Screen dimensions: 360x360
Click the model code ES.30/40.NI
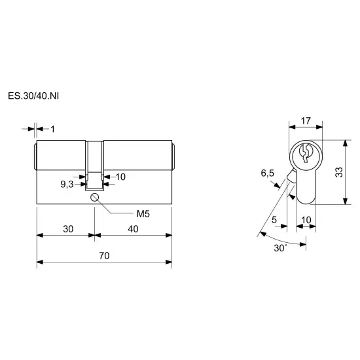click(33, 96)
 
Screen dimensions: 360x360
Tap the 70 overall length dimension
click(104, 255)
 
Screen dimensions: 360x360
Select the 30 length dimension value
click(68, 229)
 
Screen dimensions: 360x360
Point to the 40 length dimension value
click(133, 229)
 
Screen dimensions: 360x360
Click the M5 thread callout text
click(143, 214)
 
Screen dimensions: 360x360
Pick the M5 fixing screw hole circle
click(94, 197)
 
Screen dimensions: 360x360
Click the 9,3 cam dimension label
click(67, 184)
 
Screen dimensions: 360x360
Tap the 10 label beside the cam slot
click(120, 177)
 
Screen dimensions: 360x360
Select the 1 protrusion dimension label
click(53, 129)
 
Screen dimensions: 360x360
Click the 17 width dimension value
click(306, 121)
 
